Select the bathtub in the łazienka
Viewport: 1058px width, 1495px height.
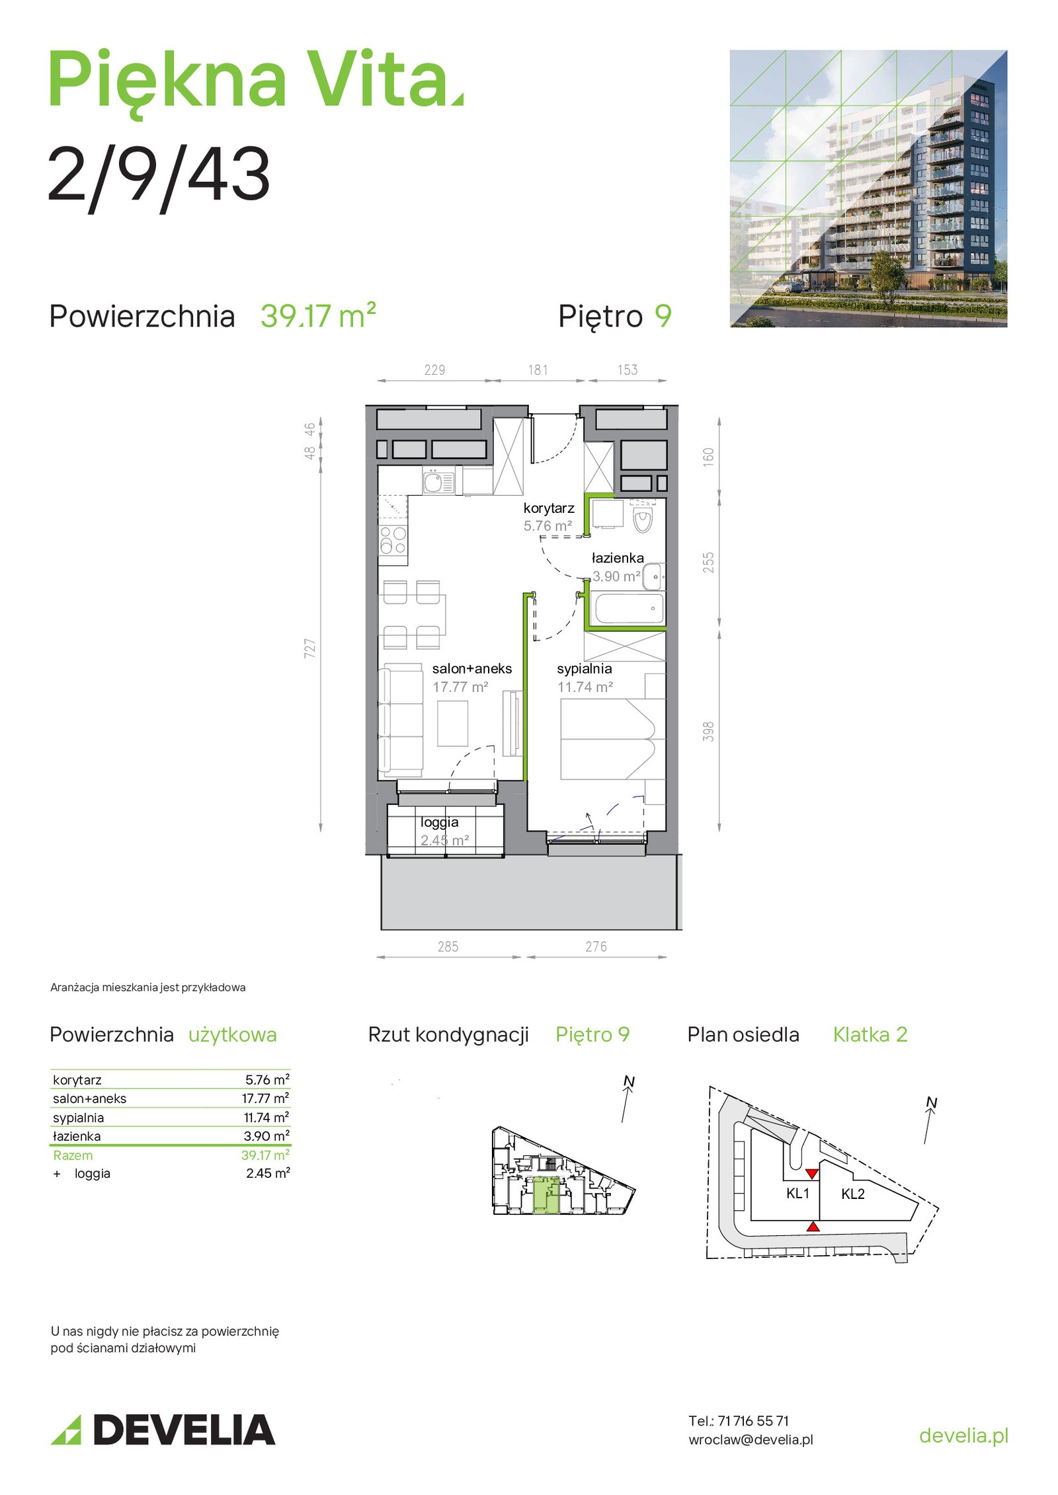pyautogui.click(x=630, y=609)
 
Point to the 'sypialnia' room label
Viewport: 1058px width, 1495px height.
pyautogui.click(x=585, y=669)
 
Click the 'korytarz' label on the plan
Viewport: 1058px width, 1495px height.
pyautogui.click(x=549, y=508)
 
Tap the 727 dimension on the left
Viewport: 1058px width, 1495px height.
pyautogui.click(x=309, y=648)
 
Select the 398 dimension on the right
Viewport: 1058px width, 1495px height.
pyautogui.click(x=708, y=732)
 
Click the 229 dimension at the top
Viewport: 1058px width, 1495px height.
pyautogui.click(x=434, y=370)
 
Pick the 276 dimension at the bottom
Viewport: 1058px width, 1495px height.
pyautogui.click(x=596, y=947)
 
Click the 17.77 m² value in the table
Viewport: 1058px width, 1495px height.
pyautogui.click(x=265, y=1098)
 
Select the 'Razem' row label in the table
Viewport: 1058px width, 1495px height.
pyautogui.click(x=73, y=1155)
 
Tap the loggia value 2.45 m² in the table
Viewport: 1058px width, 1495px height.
pyautogui.click(x=268, y=1173)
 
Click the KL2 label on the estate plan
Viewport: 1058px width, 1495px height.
pyautogui.click(x=853, y=1194)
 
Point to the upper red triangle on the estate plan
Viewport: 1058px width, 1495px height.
pyautogui.click(x=812, y=1174)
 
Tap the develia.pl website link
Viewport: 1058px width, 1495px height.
pyautogui.click(x=963, y=1436)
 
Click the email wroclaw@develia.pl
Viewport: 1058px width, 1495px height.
pyautogui.click(x=751, y=1439)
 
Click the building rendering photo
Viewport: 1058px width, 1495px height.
pyautogui.click(x=868, y=188)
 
